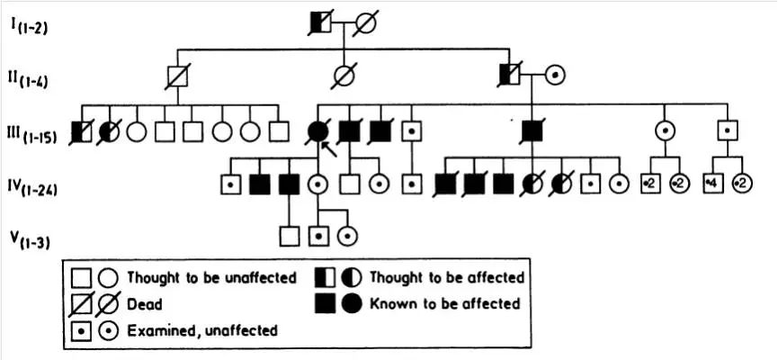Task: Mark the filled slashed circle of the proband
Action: click(x=317, y=131)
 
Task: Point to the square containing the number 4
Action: click(x=716, y=184)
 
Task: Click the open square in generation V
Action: click(x=289, y=237)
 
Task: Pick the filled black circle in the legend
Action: click(x=353, y=303)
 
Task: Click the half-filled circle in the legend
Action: click(x=353, y=278)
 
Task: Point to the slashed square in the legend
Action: click(x=82, y=304)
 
